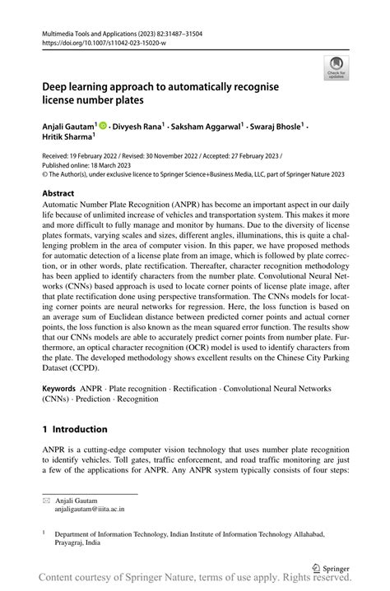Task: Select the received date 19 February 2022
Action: [x=104, y=155]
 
